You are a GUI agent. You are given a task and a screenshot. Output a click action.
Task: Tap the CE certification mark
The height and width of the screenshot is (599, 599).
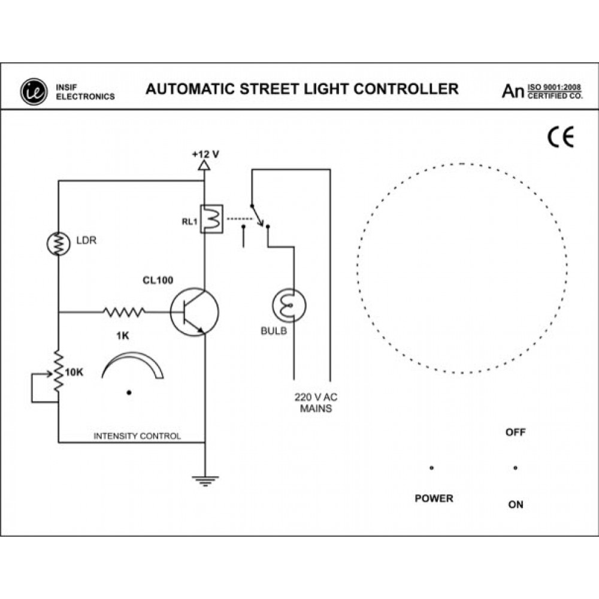[x=561, y=138]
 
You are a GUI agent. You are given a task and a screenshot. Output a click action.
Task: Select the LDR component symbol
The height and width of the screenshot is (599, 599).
[x=58, y=243]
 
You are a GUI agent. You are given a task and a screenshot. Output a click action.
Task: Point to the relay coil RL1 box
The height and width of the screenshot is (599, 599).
[x=213, y=219]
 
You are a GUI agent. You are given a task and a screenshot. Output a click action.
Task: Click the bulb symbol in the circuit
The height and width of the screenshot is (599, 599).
[x=288, y=305]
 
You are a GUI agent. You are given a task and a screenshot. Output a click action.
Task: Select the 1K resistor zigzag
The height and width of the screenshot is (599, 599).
[x=124, y=311]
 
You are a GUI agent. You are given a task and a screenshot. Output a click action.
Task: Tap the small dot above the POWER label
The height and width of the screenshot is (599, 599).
[x=432, y=468]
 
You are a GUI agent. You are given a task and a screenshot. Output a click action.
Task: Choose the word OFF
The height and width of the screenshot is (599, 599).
[x=515, y=432]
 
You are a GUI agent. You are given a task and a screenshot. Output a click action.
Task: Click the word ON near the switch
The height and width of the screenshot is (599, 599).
[x=515, y=504]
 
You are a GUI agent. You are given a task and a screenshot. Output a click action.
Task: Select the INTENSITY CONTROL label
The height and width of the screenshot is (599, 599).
[x=137, y=436]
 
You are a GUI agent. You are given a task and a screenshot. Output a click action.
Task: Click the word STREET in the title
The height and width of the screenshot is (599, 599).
[x=274, y=89]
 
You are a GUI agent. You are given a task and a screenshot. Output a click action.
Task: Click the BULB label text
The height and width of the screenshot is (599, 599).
[x=273, y=330]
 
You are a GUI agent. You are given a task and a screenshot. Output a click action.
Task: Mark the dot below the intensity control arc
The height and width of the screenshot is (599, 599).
[x=129, y=392]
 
